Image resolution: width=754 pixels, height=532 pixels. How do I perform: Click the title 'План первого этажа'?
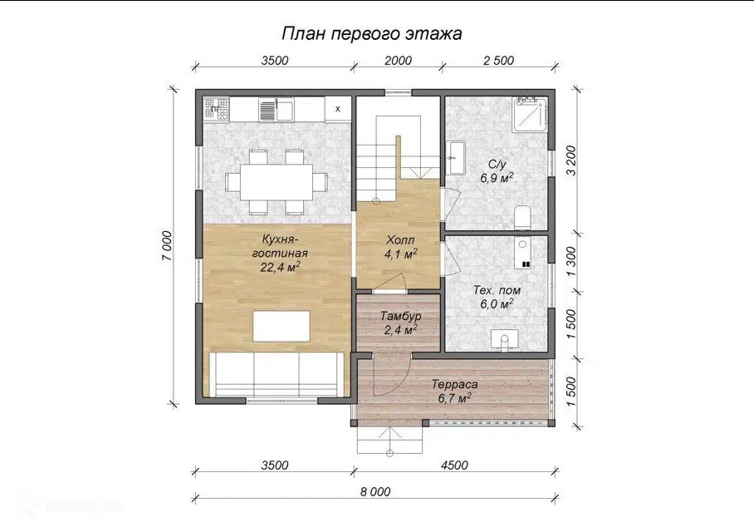371,34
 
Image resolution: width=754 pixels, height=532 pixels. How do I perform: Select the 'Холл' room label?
400,239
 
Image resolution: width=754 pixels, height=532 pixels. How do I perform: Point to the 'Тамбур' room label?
400,317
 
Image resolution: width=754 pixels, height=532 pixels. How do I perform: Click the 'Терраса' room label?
454,385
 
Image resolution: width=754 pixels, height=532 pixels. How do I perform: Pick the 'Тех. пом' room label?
497,290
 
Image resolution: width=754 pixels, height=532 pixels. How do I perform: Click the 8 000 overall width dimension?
375,491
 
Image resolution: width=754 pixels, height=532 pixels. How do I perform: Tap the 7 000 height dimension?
166,246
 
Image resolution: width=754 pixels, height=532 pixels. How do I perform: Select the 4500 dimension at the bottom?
454,465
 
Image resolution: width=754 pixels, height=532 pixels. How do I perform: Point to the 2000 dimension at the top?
398,60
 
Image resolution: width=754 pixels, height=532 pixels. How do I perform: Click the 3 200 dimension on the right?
570,160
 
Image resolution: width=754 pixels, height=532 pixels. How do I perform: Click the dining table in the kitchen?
277,182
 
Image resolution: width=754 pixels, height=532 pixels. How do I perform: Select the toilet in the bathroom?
522,218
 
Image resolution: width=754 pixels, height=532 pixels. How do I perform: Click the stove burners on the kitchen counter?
216,107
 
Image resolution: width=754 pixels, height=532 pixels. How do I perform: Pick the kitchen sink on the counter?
276,109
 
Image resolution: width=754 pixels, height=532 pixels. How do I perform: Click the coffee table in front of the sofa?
282,326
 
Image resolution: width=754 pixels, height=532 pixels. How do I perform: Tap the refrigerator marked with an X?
338,109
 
